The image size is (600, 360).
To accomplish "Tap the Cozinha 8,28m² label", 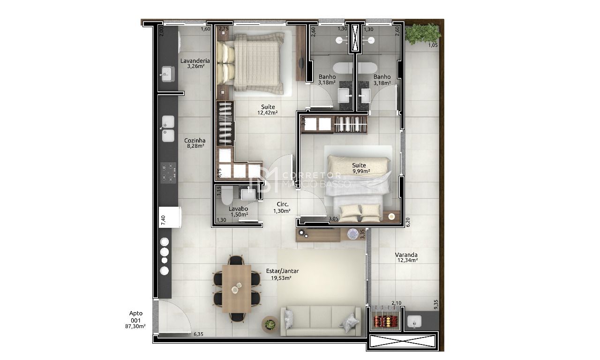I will [195, 143].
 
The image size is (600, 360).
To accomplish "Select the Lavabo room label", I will [238, 211].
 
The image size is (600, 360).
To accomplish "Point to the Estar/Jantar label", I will [282, 274].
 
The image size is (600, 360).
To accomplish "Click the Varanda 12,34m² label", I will [406, 257].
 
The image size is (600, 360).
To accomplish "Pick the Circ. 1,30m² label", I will [282, 208].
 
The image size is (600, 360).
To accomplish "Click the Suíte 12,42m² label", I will [268, 110].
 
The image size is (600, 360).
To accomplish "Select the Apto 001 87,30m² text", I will [135, 320].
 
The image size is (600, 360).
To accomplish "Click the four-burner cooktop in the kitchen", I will [168, 172].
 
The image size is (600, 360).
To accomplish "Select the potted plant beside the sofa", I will [270, 324].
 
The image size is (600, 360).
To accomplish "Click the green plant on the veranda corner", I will [423, 34].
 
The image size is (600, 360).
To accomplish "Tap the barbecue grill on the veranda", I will [386, 322].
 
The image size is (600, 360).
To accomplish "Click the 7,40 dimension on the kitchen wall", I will [163, 220].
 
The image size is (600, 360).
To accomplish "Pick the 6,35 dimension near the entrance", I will [198, 334].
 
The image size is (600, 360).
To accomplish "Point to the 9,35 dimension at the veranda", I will [435, 305].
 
